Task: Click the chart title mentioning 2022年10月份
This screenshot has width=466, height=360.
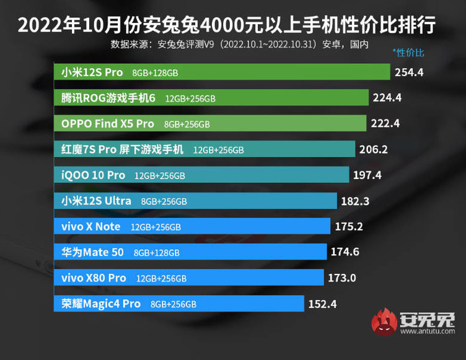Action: [226, 25]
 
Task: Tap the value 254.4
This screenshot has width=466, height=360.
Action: [409, 72]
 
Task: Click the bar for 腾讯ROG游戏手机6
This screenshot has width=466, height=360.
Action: [211, 98]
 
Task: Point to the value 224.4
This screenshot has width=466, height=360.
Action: [387, 98]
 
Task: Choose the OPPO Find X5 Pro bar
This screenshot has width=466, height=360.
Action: [211, 124]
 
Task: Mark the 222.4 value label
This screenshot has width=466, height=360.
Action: [385, 124]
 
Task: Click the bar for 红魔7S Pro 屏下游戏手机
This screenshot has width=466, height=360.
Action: [204, 149]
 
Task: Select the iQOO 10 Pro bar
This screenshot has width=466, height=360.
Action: [201, 175]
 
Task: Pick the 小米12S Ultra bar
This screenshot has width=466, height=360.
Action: [196, 201]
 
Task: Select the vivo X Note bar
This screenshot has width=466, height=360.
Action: [192, 226]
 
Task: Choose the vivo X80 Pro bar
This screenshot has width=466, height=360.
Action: [189, 278]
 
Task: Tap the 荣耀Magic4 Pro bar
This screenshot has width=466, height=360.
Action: [180, 304]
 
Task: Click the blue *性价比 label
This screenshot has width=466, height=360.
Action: [408, 53]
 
